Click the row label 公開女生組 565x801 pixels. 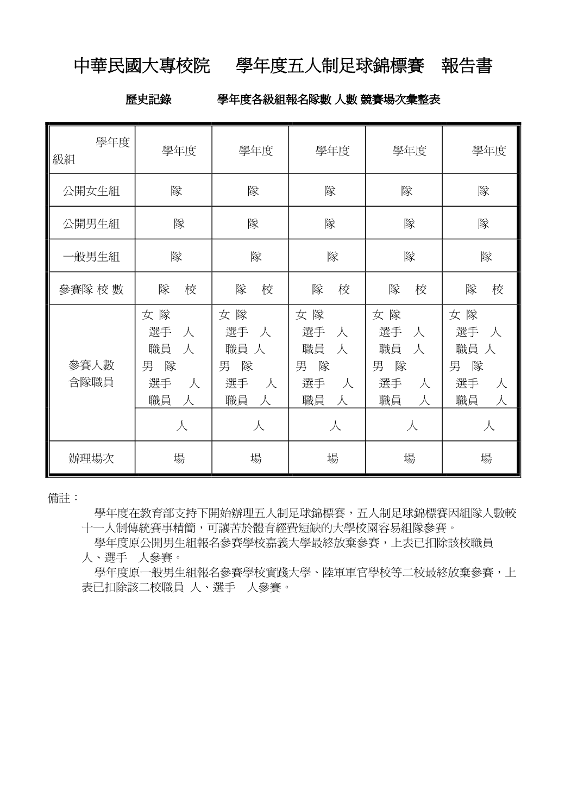(x=91, y=191)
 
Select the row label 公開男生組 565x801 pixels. (x=91, y=223)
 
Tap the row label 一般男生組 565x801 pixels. (x=91, y=257)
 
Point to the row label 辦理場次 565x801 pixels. (x=91, y=458)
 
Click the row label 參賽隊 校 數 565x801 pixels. (x=91, y=290)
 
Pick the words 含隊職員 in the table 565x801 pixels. (x=91, y=382)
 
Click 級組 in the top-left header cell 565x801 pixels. (x=64, y=160)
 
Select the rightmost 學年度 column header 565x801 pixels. (x=488, y=151)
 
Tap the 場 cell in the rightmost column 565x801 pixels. (x=486, y=458)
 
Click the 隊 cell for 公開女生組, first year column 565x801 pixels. (x=177, y=191)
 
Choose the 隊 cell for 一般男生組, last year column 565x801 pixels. (x=486, y=257)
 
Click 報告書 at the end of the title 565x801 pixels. (x=467, y=66)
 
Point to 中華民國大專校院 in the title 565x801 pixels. (x=142, y=66)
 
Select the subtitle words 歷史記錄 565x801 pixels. (x=149, y=100)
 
